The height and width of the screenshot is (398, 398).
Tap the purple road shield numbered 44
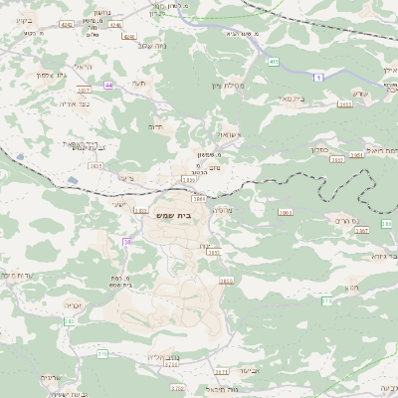(108, 86)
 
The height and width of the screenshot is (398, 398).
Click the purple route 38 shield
(127, 242)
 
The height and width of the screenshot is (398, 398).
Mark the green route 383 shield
(69, 321)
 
